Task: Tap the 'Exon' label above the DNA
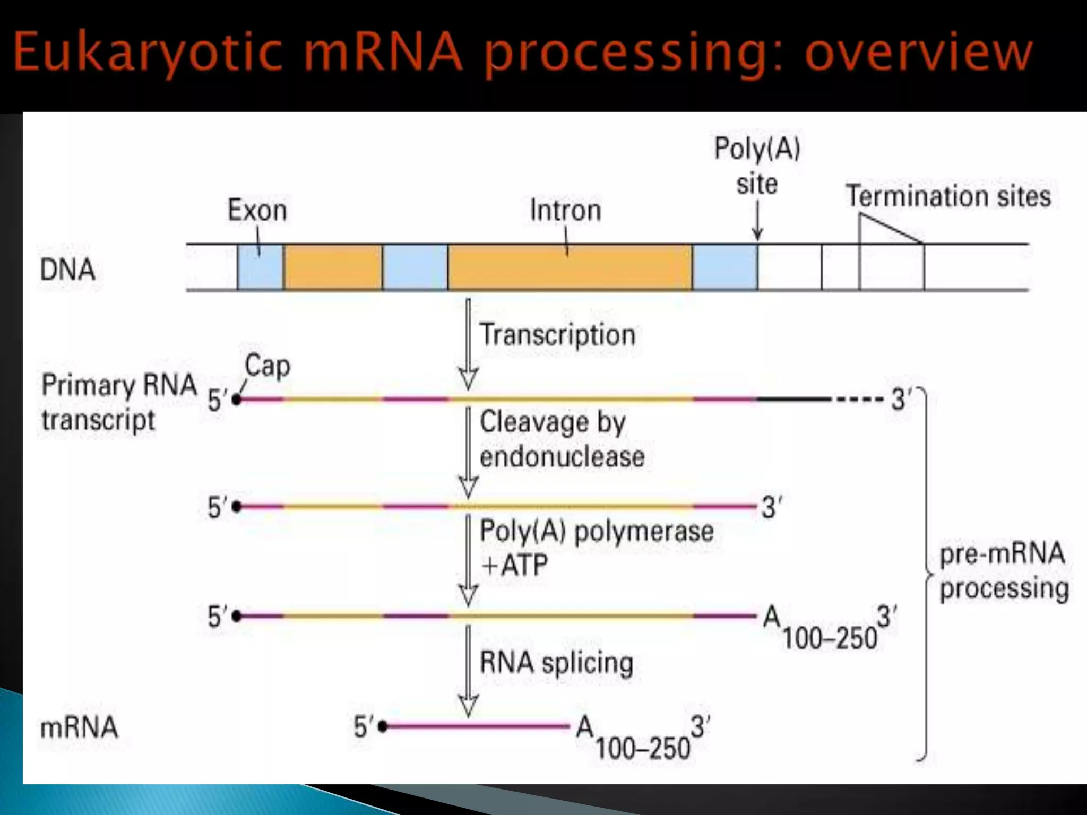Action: [257, 210]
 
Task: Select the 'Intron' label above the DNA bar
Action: [565, 210]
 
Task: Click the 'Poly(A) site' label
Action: [757, 166]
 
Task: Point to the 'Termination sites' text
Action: [948, 196]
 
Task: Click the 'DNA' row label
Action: [67, 270]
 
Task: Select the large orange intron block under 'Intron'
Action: [570, 267]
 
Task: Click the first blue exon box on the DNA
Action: [260, 267]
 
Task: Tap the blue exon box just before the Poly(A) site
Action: [724, 267]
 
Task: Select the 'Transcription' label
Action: [557, 335]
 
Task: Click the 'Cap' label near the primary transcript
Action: [268, 366]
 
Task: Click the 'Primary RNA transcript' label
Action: [119, 402]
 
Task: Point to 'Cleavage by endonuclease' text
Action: [562, 439]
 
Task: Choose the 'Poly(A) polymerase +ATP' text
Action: [596, 548]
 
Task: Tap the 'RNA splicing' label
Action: [556, 663]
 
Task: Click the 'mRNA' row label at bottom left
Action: [79, 727]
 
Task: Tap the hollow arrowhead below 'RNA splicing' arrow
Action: [468, 706]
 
